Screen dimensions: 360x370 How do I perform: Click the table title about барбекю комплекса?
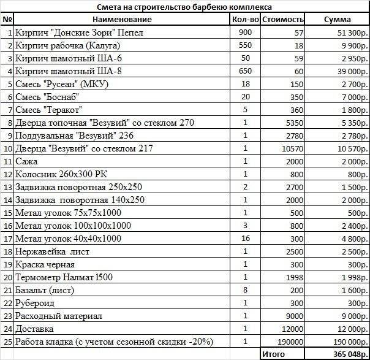click(184, 7)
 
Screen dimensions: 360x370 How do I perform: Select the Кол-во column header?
click(246, 20)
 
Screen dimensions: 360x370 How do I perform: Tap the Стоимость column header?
click(282, 20)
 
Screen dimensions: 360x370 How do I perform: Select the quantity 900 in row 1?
click(246, 33)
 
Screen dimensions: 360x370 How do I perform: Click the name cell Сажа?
click(26, 161)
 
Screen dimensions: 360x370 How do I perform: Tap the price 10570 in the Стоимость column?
click(292, 148)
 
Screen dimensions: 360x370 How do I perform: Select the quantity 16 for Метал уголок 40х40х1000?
click(246, 239)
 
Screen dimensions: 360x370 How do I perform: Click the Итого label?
click(273, 354)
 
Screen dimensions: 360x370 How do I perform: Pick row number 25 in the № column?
click(8, 342)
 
